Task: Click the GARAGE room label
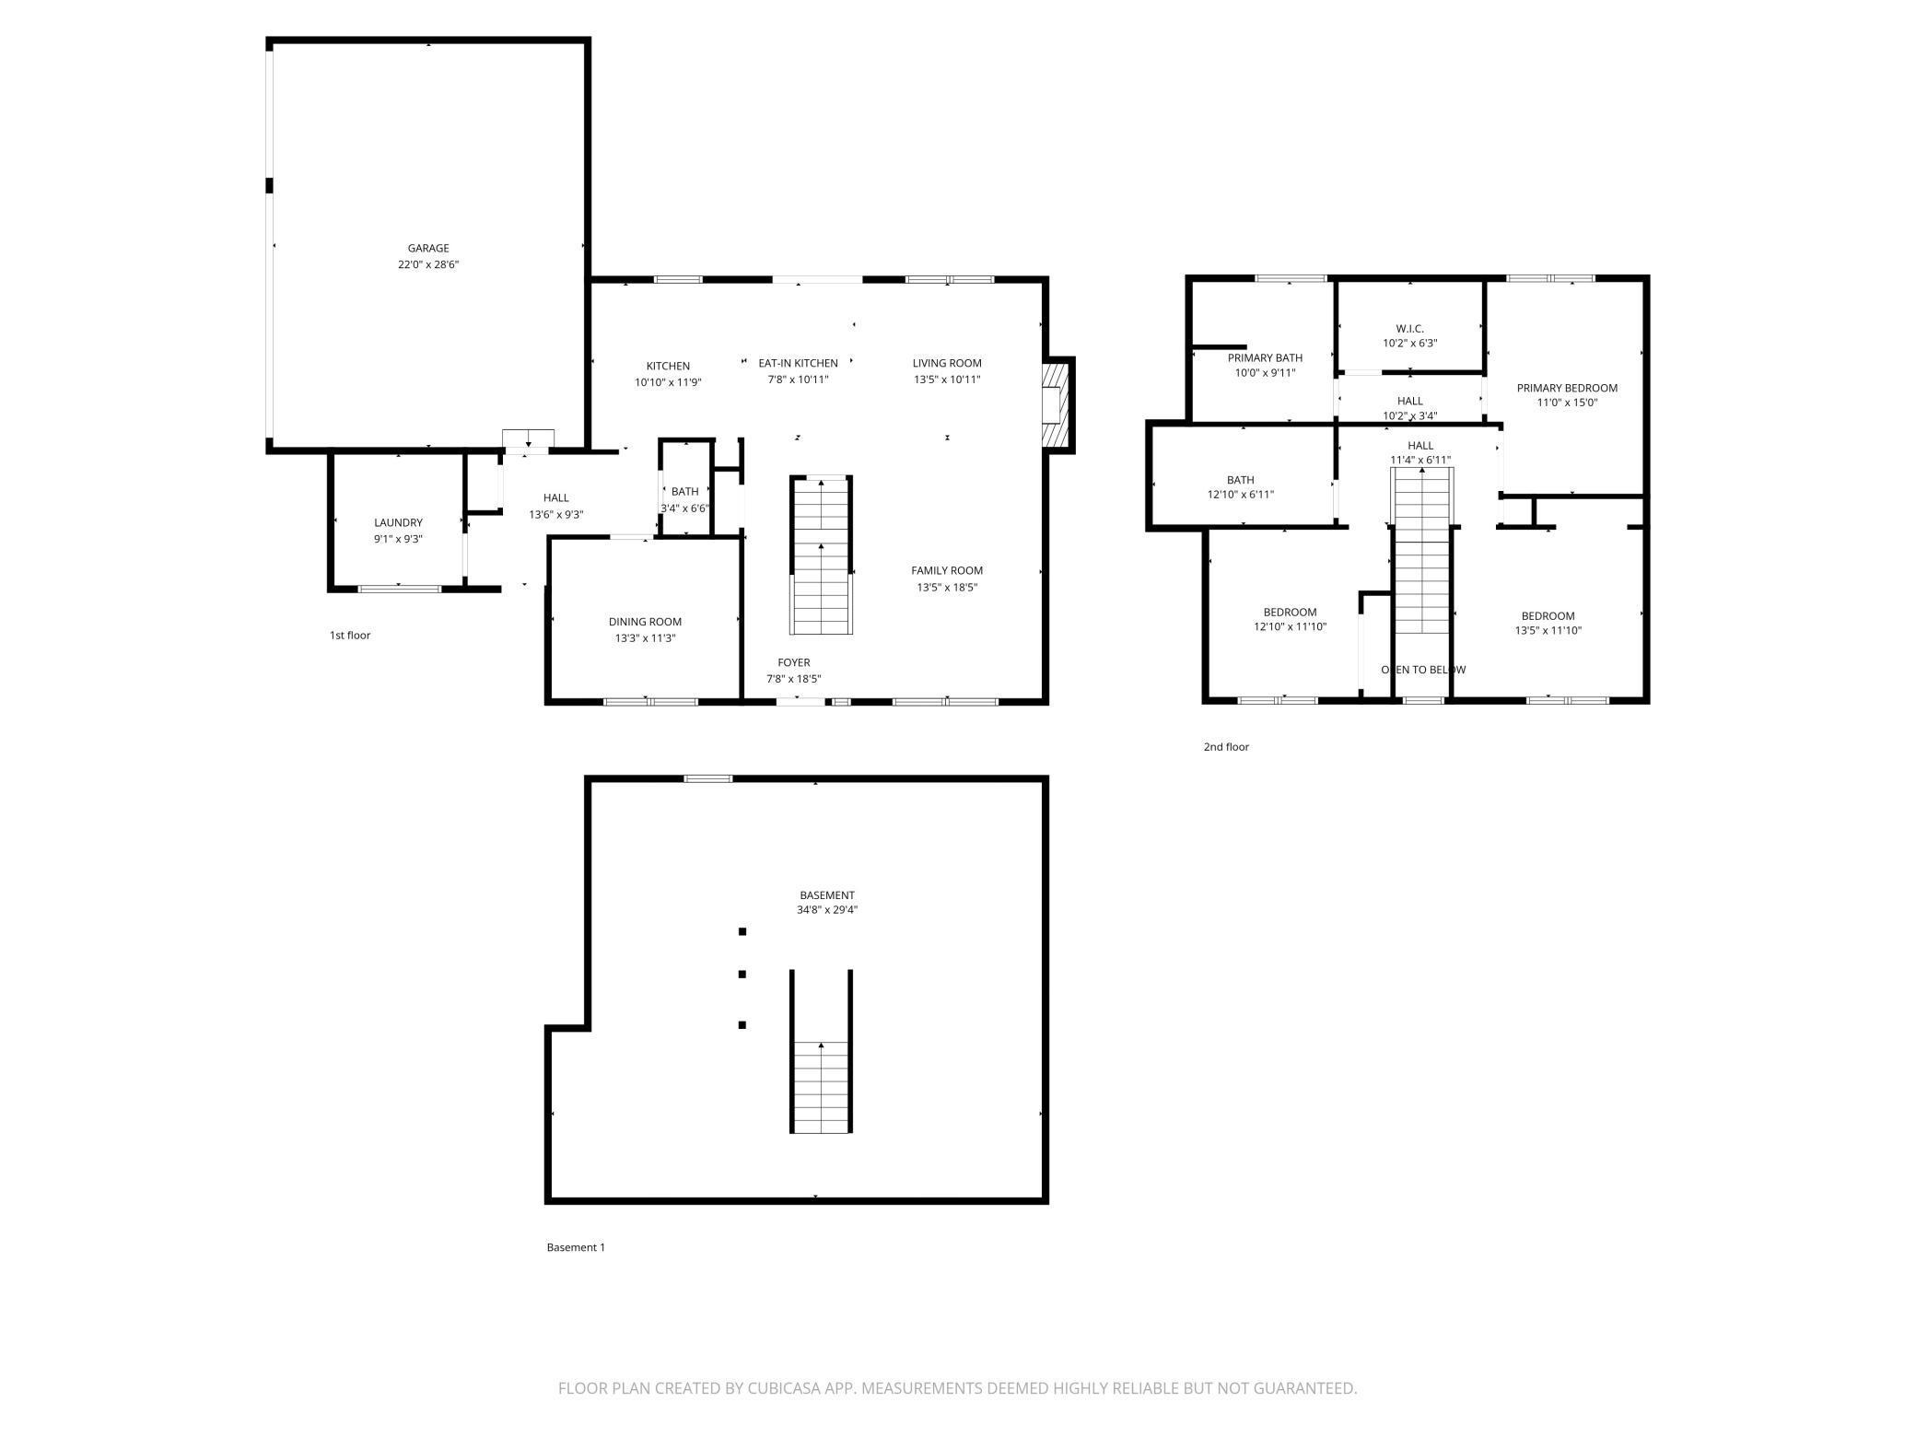pos(428,248)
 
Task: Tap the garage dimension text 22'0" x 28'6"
pos(428,264)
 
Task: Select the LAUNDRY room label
pos(398,522)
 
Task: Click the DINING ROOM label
pos(645,622)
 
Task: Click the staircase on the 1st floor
pos(821,555)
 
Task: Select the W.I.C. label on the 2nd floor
pos(1409,328)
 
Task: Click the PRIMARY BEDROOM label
pos(1567,388)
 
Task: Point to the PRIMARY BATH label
pos(1265,357)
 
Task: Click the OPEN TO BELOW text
pos(1423,670)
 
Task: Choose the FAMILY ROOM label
pos(947,570)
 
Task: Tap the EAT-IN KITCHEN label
pos(798,363)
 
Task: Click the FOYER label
pos(794,662)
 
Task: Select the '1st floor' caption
pos(350,636)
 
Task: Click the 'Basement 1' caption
pos(576,1247)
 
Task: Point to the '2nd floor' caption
pos(1226,747)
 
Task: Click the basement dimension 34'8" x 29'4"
pos(827,910)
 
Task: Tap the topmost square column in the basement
pos(742,931)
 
